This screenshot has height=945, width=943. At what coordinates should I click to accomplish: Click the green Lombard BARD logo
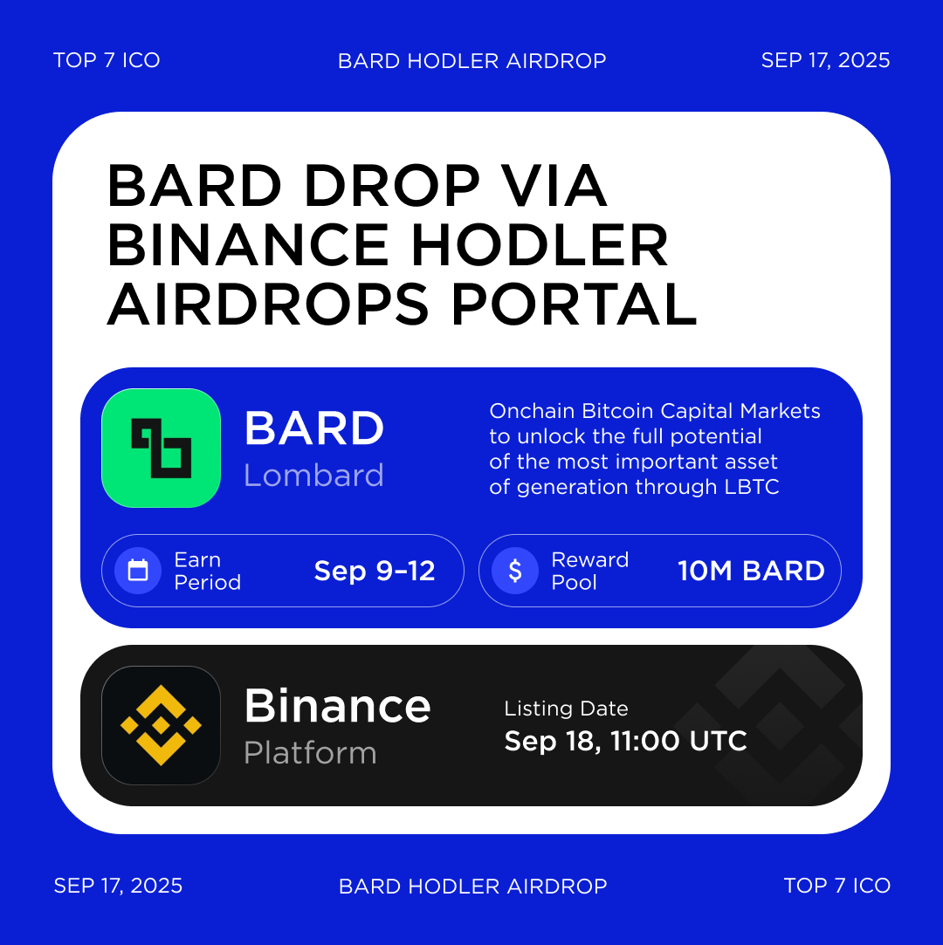pyautogui.click(x=161, y=448)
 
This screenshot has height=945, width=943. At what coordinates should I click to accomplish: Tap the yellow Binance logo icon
pyautogui.click(x=161, y=725)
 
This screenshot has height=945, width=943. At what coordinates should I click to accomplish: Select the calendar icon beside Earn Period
pyautogui.click(x=138, y=571)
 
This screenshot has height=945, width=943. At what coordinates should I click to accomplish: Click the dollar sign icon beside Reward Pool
pyautogui.click(x=515, y=571)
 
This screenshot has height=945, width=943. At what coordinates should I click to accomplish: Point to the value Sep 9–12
pyautogui.click(x=375, y=571)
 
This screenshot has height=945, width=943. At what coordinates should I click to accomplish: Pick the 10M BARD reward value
pyautogui.click(x=751, y=571)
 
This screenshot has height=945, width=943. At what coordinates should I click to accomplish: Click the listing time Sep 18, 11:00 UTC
pyautogui.click(x=625, y=741)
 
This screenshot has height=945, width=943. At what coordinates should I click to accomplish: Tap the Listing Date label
pyautogui.click(x=566, y=709)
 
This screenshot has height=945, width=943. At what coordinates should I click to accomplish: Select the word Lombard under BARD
pyautogui.click(x=313, y=476)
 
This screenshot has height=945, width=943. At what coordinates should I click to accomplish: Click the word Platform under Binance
pyautogui.click(x=310, y=753)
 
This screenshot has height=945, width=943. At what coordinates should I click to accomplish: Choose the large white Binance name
pyautogui.click(x=337, y=705)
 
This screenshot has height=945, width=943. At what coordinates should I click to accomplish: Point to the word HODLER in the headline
pyautogui.click(x=540, y=245)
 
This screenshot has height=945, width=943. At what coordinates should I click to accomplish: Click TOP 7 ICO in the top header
pyautogui.click(x=107, y=60)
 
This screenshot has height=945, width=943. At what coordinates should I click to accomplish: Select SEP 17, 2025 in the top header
pyautogui.click(x=825, y=60)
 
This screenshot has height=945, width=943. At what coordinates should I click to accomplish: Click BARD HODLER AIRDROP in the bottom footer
pyautogui.click(x=472, y=887)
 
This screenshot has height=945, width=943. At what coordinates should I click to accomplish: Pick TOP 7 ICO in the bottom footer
pyautogui.click(x=836, y=886)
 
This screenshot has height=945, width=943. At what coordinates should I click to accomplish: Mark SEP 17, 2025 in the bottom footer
pyautogui.click(x=118, y=886)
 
